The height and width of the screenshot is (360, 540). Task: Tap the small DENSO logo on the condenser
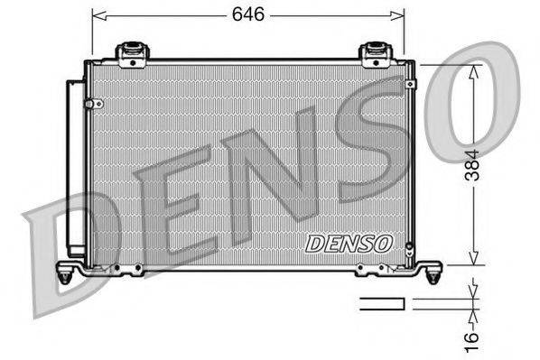click(x=348, y=243)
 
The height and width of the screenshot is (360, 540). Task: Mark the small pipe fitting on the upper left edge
click(x=90, y=104)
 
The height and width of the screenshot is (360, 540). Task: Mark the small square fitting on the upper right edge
click(x=411, y=84)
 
